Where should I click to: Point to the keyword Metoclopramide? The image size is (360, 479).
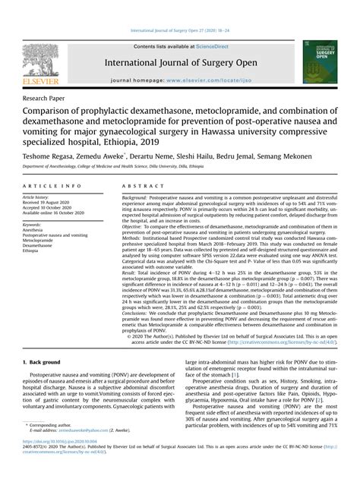point(43,240)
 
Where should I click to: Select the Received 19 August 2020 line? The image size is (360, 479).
point(51,203)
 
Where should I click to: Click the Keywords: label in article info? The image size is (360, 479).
point(33,225)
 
